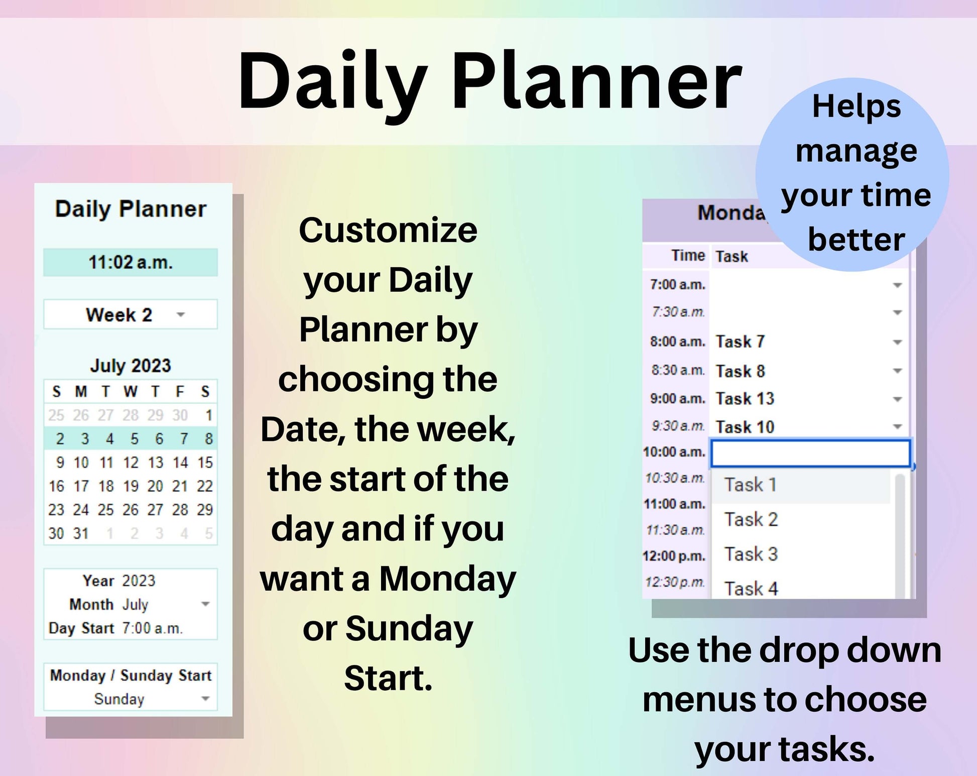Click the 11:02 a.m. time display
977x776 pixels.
tap(131, 262)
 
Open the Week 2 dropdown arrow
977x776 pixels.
tap(181, 315)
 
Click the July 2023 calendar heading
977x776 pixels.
tap(131, 365)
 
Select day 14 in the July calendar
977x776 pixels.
tap(180, 462)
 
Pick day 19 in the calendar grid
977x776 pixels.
tap(131, 486)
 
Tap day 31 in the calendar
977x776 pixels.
tap(81, 533)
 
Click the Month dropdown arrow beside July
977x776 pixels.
tap(205, 604)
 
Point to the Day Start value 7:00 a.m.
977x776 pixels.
tap(153, 628)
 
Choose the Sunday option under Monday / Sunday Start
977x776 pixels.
tap(119, 699)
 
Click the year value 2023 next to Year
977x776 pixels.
tap(139, 581)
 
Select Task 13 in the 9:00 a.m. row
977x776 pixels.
tap(745, 398)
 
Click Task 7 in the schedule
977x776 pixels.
tap(740, 342)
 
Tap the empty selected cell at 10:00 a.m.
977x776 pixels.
tap(810, 453)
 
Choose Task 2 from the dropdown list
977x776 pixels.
tap(751, 519)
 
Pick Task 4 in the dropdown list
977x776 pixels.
tap(751, 588)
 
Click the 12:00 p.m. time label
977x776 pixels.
tap(674, 556)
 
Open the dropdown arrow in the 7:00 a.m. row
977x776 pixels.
tap(898, 285)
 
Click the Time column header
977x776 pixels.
tap(688, 256)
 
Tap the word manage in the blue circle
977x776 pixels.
tap(857, 151)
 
